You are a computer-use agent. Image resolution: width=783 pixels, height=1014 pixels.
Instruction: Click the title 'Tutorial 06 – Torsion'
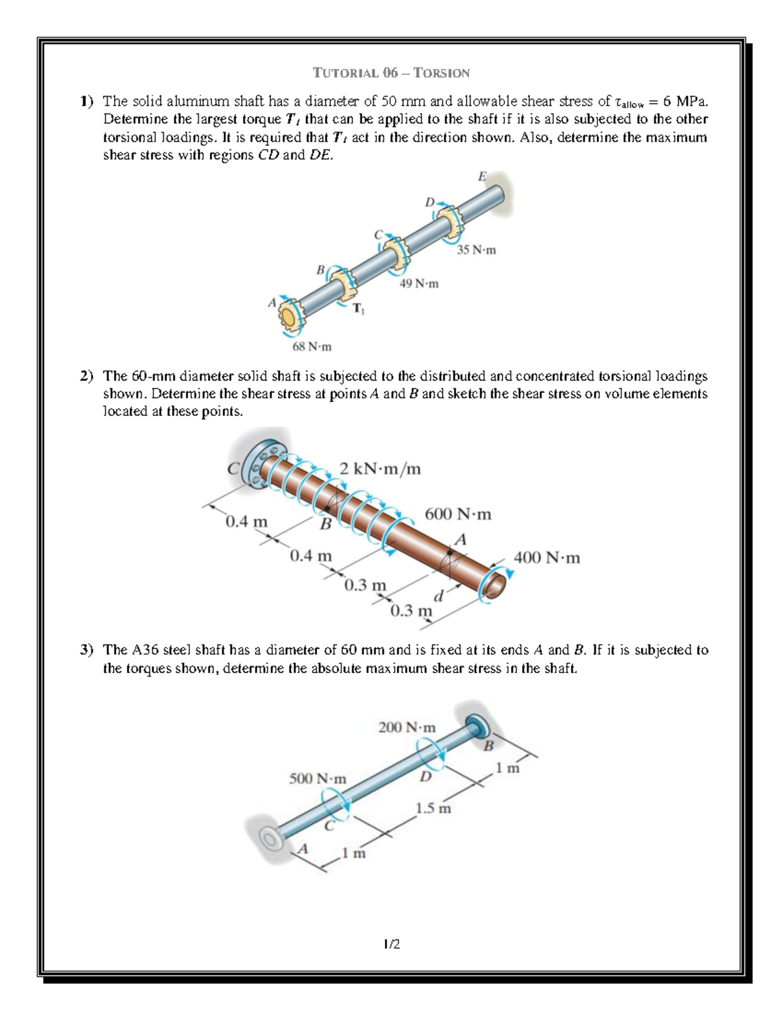coord(391,72)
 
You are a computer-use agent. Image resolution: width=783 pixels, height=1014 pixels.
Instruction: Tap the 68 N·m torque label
coord(311,347)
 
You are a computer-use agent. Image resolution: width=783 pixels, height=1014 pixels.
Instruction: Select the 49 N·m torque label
coord(418,284)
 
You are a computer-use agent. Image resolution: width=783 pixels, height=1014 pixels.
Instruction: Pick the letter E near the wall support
coord(482,176)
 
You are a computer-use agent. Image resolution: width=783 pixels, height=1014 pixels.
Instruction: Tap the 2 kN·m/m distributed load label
coord(380,469)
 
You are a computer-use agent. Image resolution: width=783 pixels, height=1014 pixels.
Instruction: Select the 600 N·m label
coord(458,515)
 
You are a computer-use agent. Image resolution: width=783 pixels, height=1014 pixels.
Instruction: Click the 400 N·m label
coord(547,558)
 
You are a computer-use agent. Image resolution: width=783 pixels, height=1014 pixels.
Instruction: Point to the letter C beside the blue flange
coord(232,469)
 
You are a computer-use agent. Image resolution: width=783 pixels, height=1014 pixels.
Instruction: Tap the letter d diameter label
coord(439,595)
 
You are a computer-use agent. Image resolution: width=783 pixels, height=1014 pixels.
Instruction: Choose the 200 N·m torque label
coord(407,727)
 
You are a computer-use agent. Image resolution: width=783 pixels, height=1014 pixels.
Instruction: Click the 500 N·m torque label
coord(318,779)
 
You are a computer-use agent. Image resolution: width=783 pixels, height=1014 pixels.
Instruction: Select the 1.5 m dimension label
coord(433,808)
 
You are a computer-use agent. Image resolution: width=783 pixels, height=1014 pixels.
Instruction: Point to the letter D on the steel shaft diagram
coord(425,777)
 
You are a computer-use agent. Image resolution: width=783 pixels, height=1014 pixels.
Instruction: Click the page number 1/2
coord(391,943)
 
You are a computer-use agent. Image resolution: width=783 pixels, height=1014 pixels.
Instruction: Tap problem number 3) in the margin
coord(87,650)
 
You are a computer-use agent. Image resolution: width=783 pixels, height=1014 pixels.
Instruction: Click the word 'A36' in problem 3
coord(146,650)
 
